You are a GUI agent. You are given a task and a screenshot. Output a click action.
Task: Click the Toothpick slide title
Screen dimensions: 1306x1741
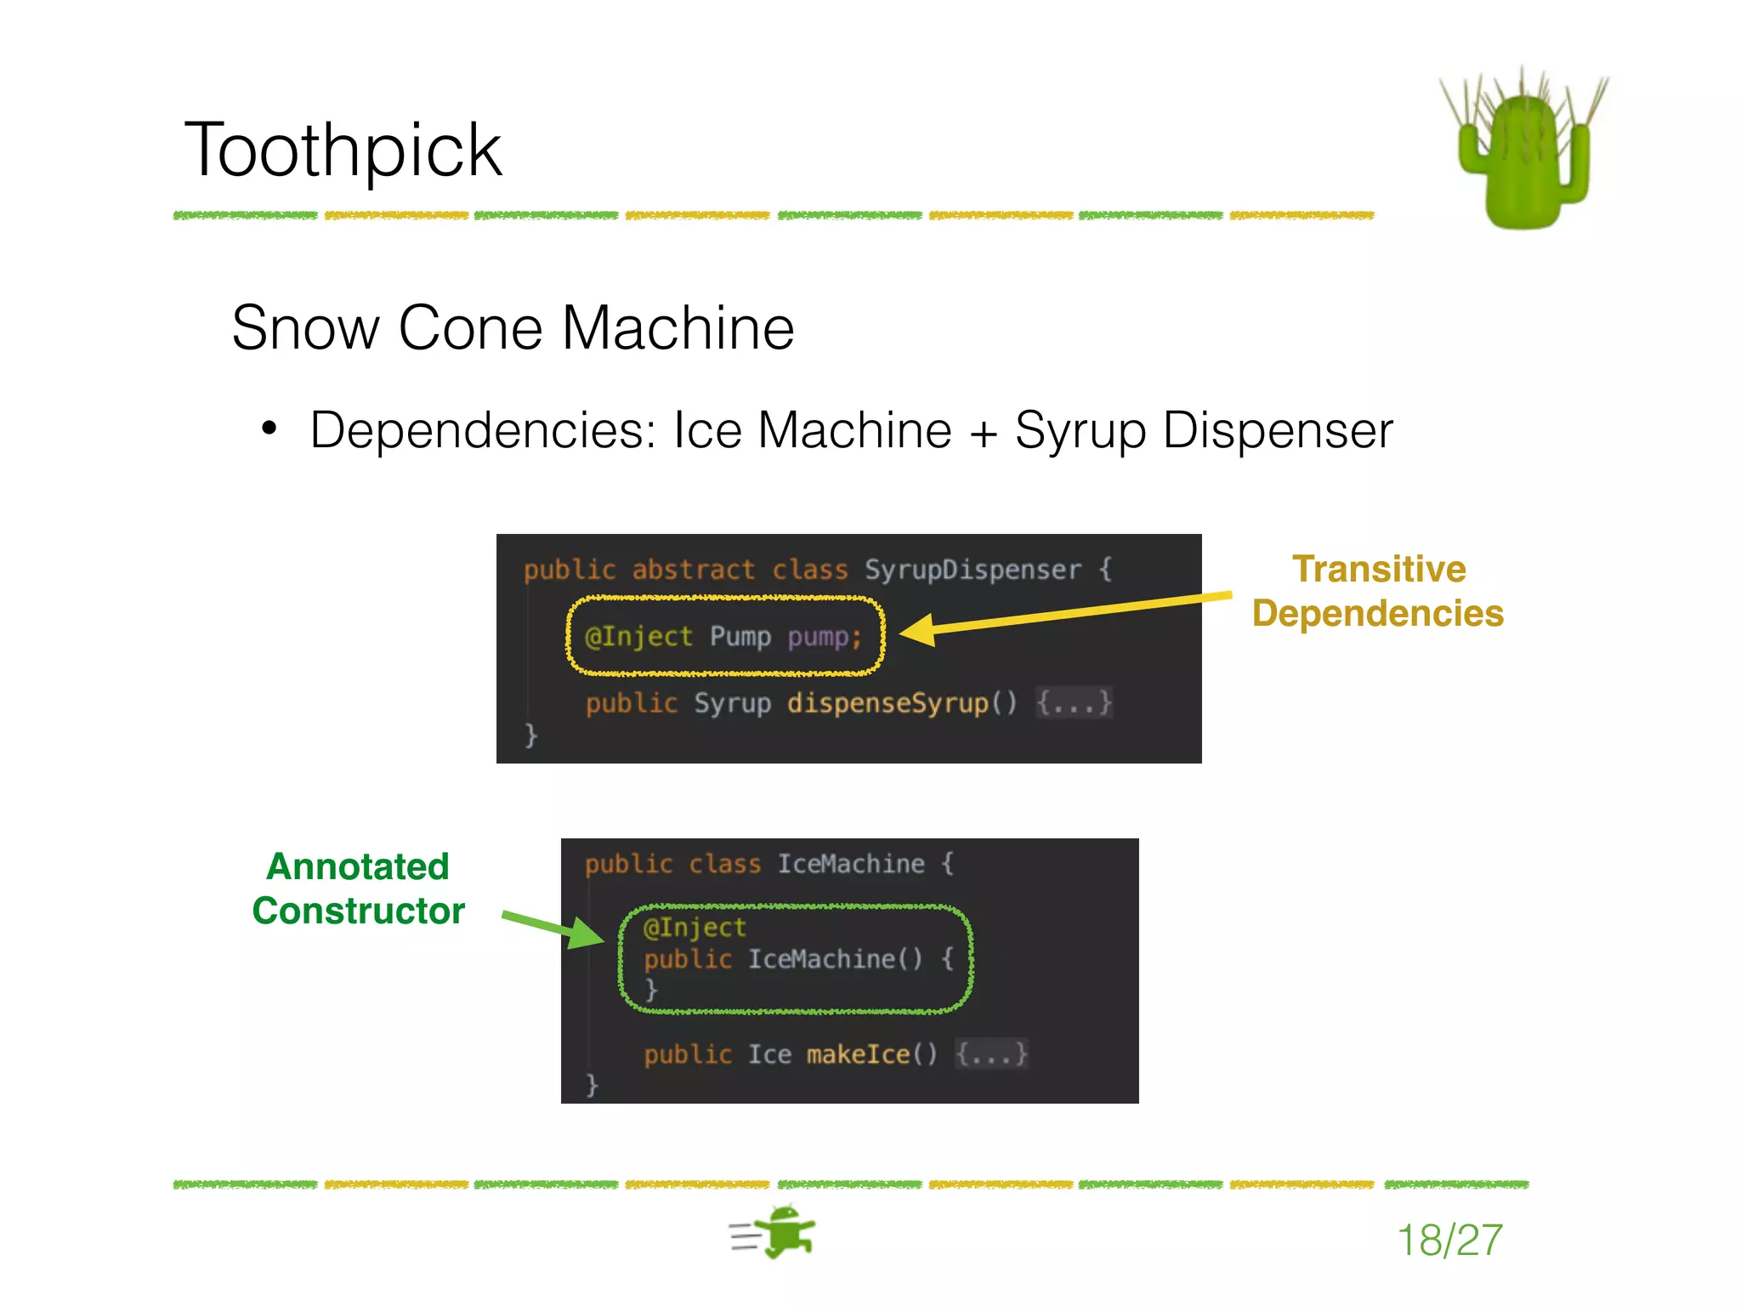point(343,150)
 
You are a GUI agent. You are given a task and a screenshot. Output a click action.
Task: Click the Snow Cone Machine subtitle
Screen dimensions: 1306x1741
point(513,328)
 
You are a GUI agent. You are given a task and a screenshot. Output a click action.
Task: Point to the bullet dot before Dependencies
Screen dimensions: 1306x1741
point(269,428)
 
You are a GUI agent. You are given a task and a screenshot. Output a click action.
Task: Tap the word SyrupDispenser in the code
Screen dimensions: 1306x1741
point(973,569)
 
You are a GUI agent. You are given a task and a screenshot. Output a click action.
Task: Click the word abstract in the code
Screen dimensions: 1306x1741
point(693,569)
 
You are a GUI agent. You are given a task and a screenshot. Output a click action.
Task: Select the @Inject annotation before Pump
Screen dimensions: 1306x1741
point(638,636)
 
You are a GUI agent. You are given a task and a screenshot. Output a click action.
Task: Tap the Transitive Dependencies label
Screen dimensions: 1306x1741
point(1378,591)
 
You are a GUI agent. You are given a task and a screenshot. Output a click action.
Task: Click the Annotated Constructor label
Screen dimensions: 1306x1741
point(358,889)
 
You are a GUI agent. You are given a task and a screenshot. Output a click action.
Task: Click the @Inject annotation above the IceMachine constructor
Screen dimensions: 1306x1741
point(695,927)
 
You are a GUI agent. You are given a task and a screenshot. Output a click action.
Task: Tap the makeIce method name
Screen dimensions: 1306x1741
point(858,1054)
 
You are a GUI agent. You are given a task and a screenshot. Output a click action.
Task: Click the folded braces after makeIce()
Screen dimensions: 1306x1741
point(991,1054)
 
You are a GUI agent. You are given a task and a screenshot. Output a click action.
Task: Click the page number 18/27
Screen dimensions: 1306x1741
point(1449,1240)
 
